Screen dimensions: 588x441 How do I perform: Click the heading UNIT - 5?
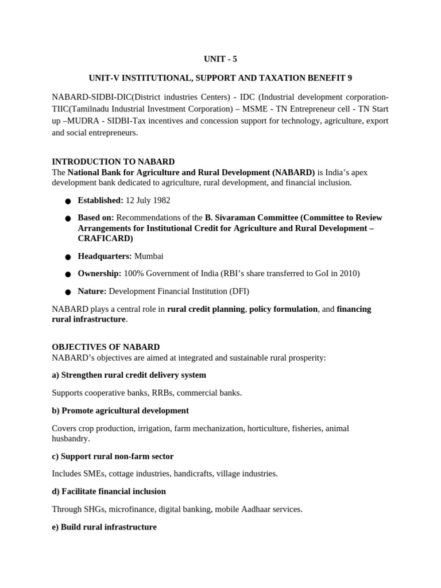220,59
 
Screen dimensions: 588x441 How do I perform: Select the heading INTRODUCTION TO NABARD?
113,162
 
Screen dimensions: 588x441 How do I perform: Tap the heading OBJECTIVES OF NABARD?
106,347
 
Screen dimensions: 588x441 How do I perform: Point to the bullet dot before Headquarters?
68,257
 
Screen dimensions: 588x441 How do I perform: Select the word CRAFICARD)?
105,238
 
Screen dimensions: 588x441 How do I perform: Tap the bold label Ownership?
99,274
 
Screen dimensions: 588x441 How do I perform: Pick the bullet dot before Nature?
68,292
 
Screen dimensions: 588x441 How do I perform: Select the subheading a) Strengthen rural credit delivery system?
129,375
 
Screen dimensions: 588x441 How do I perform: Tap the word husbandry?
70,438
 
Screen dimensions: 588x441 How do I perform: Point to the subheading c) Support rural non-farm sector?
113,456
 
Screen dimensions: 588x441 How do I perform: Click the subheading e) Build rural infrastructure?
104,527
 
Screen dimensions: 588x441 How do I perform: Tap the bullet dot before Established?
68,201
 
